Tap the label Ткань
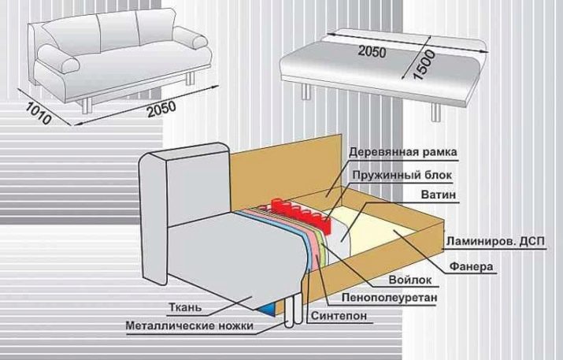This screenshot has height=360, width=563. coord(185,307)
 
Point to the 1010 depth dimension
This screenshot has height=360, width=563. coord(39,114)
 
